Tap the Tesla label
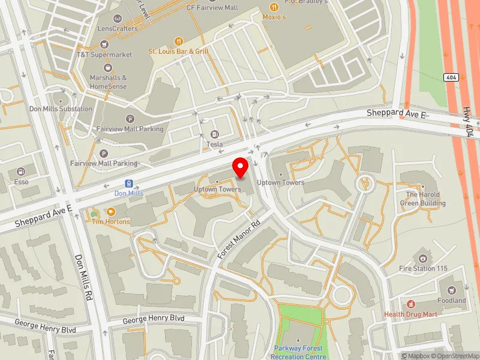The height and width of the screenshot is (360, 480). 215,144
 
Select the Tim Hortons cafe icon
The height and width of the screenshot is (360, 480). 110,211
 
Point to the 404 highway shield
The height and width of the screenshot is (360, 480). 451,77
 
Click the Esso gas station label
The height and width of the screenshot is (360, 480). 22,181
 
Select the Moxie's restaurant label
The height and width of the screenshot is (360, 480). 274,17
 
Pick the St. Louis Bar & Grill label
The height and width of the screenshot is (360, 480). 178,52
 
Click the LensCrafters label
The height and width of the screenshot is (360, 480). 117,28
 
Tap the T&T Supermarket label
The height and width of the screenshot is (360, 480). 104,55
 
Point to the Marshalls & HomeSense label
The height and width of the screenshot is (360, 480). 108,82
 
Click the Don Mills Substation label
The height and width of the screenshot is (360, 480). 61,109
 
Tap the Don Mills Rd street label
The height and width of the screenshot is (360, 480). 83,277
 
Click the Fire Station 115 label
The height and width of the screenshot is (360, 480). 424,268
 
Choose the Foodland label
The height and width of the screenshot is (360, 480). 451,300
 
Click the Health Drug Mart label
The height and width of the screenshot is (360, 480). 411,314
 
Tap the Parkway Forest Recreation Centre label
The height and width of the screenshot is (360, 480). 298,352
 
